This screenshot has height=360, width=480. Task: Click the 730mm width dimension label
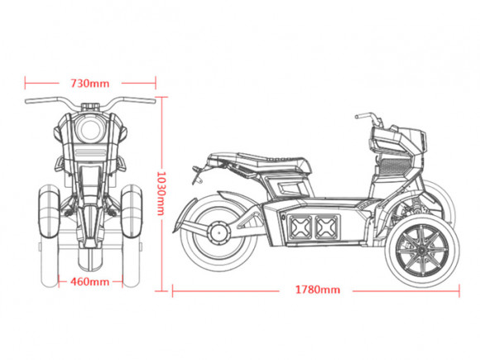[89, 84]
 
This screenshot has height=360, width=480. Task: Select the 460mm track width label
[89, 281]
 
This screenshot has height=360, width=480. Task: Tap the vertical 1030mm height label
[161, 193]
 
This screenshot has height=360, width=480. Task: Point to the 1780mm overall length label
[318, 290]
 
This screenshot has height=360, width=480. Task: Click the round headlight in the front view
[90, 128]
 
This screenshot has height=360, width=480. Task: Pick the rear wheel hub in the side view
[218, 232]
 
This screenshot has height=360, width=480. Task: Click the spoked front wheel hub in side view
[421, 250]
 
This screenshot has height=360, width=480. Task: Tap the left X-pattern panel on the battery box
[301, 227]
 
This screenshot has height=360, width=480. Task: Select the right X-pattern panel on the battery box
[327, 227]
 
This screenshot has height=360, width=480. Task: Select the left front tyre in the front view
[49, 211]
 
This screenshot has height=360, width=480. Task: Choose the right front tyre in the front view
[132, 211]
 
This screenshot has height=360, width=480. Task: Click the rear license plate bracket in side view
[197, 175]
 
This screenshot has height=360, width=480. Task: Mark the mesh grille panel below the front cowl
[395, 166]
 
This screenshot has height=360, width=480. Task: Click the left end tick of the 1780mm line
[173, 290]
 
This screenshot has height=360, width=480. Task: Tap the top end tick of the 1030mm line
[161, 98]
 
